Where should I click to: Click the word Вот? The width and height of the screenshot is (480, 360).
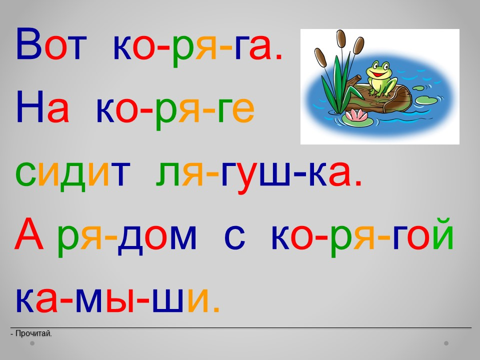[51, 44]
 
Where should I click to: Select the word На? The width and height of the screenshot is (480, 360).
[42, 107]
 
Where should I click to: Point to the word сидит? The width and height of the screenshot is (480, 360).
[73, 174]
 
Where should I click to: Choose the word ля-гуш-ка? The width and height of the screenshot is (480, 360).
[258, 175]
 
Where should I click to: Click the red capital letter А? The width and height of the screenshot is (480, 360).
[28, 233]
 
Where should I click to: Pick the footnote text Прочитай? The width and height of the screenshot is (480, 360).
[33, 333]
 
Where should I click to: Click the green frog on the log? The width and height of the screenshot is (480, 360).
[381, 78]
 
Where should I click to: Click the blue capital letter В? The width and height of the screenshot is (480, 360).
[28, 44]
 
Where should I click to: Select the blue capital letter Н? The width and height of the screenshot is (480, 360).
[30, 107]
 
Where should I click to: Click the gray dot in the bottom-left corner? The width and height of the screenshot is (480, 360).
[32, 343]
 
